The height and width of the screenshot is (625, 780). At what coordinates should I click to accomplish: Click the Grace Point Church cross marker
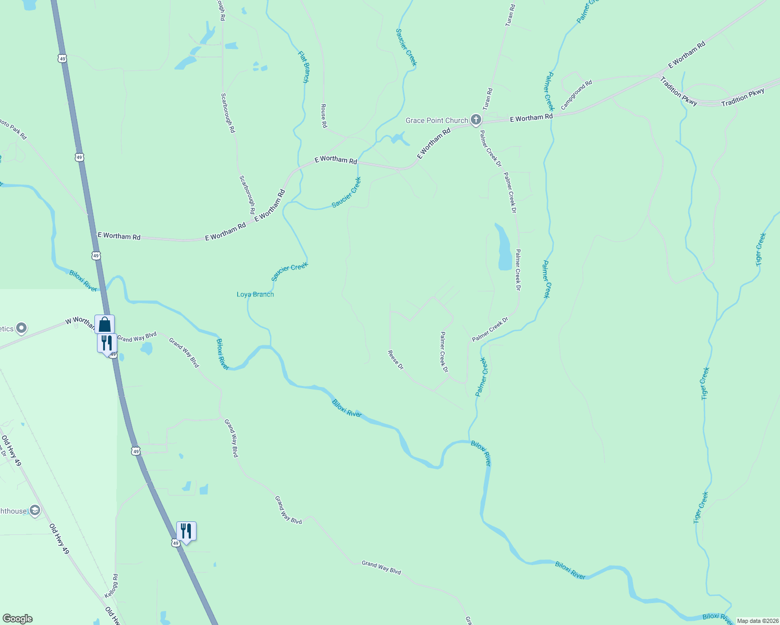[x=476, y=120]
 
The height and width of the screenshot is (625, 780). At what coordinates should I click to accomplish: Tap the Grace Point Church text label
[x=437, y=120]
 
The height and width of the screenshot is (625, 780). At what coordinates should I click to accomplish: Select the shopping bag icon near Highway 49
[x=104, y=324]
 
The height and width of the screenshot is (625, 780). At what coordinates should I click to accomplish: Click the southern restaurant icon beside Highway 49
[x=186, y=531]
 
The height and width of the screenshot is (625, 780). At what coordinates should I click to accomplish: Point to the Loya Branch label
[x=255, y=294]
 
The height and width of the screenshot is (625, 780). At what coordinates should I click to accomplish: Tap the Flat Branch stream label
[x=303, y=67]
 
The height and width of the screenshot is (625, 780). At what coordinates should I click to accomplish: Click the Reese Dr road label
[x=396, y=360]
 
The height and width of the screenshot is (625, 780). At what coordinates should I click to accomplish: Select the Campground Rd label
[x=577, y=94]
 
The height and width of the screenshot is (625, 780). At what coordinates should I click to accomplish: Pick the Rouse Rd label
[x=324, y=116]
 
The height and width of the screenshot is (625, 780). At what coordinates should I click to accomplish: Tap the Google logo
[x=17, y=619]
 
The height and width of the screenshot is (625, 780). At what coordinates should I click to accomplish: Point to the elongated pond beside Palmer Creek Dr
[x=504, y=248]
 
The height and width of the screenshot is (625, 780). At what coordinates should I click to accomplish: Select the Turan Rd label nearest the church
[x=488, y=98]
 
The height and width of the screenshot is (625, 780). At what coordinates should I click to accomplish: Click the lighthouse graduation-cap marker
[x=35, y=510]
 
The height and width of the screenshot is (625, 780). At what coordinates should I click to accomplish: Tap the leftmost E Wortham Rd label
[x=119, y=236]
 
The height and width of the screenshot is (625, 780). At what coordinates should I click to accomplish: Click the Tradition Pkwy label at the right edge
[x=742, y=97]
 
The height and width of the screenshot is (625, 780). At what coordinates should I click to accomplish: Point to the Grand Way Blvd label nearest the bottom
[x=382, y=567]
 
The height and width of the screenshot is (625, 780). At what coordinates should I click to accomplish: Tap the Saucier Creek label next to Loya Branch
[x=290, y=271]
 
